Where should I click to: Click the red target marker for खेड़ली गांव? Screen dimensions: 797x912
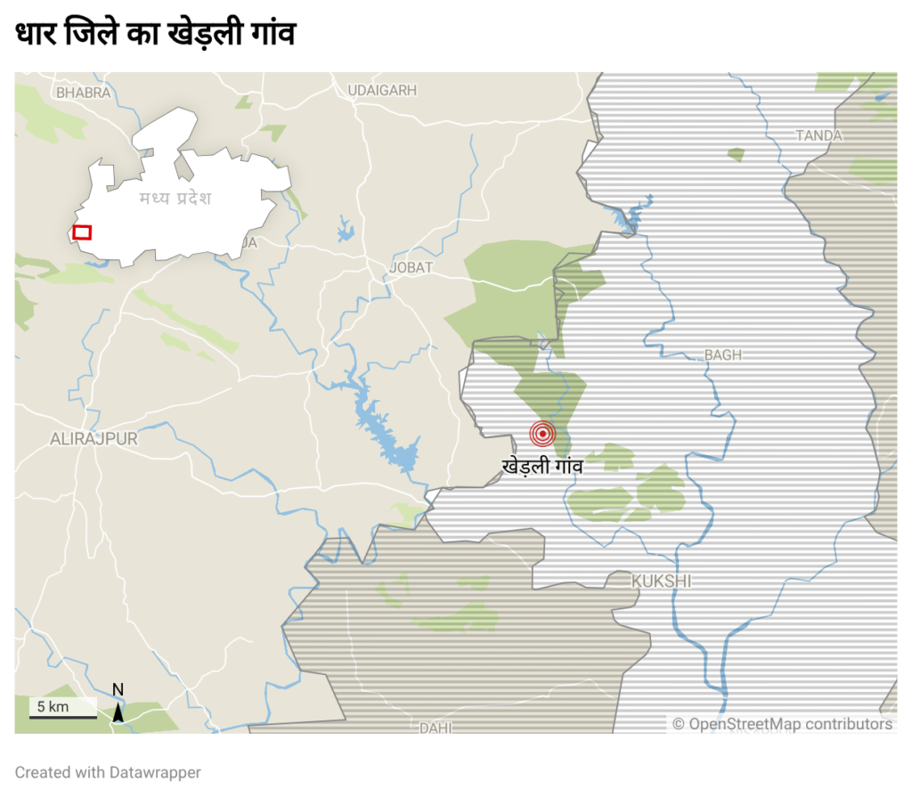[542, 434]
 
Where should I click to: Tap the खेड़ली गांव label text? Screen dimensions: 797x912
[542, 465]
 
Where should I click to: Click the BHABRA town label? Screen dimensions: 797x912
[83, 92]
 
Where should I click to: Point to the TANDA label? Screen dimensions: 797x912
[819, 135]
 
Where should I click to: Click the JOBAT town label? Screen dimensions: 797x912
[411, 267]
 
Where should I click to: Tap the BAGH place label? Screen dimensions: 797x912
[722, 354]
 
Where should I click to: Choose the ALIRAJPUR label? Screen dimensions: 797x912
[94, 438]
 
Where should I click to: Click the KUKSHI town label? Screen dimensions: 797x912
[662, 581]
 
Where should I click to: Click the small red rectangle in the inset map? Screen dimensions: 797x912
[82, 232]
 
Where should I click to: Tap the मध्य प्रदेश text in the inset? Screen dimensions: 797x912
[175, 198]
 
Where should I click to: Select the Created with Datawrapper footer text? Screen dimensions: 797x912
[108, 772]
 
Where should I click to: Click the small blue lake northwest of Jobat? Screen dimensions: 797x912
[346, 232]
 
